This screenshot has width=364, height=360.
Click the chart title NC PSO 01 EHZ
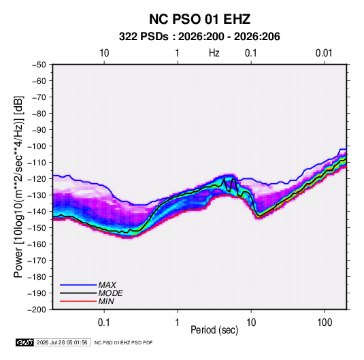199,19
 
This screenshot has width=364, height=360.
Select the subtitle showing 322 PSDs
199,37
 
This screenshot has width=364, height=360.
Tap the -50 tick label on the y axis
39,65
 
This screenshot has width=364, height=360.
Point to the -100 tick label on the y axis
37,146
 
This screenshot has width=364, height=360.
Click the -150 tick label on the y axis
37,227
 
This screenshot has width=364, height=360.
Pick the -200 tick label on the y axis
37,310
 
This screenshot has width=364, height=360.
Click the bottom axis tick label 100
325,323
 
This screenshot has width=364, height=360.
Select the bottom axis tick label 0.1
104,323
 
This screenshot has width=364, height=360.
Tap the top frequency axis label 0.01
324,53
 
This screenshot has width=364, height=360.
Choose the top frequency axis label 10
104,53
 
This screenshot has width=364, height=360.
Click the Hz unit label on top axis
214,53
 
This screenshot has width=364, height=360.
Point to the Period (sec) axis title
214,330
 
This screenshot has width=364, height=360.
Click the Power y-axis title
18,186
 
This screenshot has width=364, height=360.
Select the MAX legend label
107,285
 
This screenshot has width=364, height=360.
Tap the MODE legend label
110,293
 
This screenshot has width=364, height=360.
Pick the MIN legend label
106,301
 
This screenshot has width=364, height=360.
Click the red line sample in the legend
78,301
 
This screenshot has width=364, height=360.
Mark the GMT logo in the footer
25,342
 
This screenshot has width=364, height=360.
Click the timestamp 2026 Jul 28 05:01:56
62,342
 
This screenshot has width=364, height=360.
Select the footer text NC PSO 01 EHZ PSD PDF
123,342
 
